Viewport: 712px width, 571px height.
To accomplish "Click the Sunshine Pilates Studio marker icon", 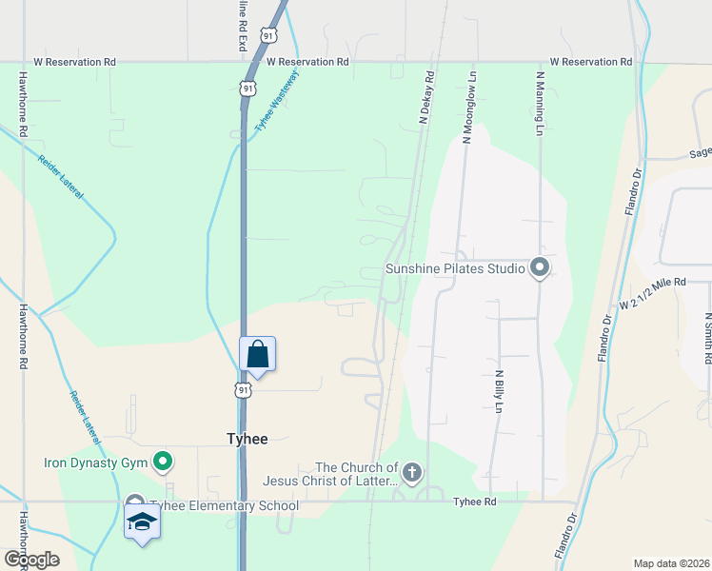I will (540, 267).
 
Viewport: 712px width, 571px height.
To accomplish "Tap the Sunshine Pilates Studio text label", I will (455, 268).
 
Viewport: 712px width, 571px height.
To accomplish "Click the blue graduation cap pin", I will (143, 522).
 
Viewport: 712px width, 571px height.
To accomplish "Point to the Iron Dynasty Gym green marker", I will (163, 463).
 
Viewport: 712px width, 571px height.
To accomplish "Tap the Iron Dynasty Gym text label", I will (97, 464).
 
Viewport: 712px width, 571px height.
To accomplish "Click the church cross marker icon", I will (411, 472).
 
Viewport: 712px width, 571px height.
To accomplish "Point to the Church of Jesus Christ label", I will (357, 474).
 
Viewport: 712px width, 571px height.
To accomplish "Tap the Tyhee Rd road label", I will (475, 502).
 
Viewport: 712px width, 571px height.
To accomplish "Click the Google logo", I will (31, 560).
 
